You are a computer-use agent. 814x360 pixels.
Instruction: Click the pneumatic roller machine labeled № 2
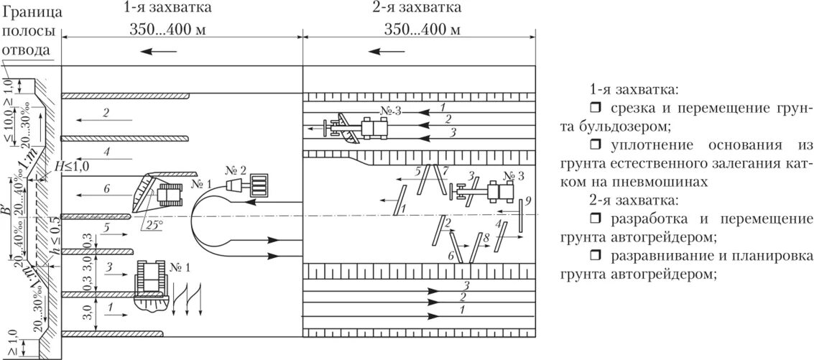248,185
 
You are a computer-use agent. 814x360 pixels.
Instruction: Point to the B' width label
6,213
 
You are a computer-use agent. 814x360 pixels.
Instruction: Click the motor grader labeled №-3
359,129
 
